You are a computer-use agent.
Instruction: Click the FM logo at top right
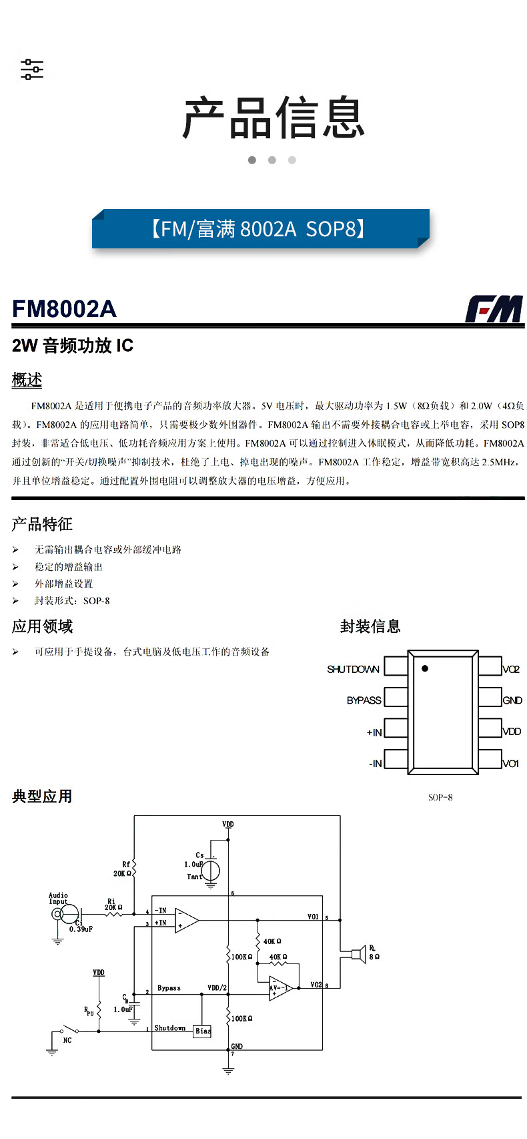[494, 308]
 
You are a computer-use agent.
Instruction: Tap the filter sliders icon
[32, 69]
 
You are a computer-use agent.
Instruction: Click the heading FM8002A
[64, 309]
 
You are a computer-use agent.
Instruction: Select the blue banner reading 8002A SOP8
[260, 229]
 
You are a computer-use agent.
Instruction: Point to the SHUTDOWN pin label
[353, 669]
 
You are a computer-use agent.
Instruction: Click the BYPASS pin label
[364, 700]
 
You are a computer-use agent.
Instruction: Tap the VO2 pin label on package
[511, 669]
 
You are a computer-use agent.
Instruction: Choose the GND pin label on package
[512, 700]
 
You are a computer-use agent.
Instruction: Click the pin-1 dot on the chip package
[425, 668]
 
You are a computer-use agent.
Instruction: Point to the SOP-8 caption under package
[440, 797]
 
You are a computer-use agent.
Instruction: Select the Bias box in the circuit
[203, 1031]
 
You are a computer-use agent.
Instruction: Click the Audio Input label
[58, 898]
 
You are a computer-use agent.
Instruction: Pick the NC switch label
[67, 1040]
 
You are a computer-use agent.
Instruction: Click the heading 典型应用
[42, 796]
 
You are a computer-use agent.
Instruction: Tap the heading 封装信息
[370, 626]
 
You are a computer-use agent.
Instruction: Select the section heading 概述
[27, 380]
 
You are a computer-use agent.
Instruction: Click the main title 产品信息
[274, 118]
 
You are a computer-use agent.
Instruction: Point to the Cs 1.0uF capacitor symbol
[211, 870]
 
